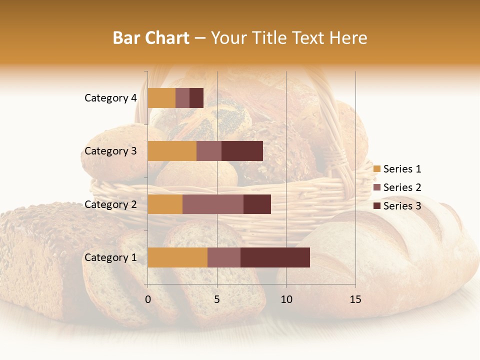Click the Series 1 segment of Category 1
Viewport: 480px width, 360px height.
(177, 257)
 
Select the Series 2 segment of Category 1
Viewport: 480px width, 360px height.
(224, 257)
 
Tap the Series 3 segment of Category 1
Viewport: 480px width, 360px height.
(275, 257)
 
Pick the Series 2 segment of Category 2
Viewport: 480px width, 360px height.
(213, 204)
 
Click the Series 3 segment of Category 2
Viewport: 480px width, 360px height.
(257, 204)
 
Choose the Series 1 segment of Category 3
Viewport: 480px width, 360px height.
(172, 151)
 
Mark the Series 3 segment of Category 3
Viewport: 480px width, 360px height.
(242, 151)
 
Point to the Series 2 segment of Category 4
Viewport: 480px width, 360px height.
(182, 98)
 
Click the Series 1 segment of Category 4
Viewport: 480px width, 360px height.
(161, 98)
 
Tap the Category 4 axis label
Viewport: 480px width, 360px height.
(110, 98)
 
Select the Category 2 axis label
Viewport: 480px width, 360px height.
(110, 204)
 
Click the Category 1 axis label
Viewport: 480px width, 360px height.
(110, 257)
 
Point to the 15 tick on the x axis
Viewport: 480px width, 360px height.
(355, 299)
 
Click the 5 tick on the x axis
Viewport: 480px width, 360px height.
(217, 299)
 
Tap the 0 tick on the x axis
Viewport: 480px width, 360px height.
(148, 299)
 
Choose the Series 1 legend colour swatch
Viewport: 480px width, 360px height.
(377, 169)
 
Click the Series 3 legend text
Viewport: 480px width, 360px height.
(402, 206)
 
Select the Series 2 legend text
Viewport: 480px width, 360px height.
(402, 187)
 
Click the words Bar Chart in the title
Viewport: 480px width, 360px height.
(151, 37)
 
